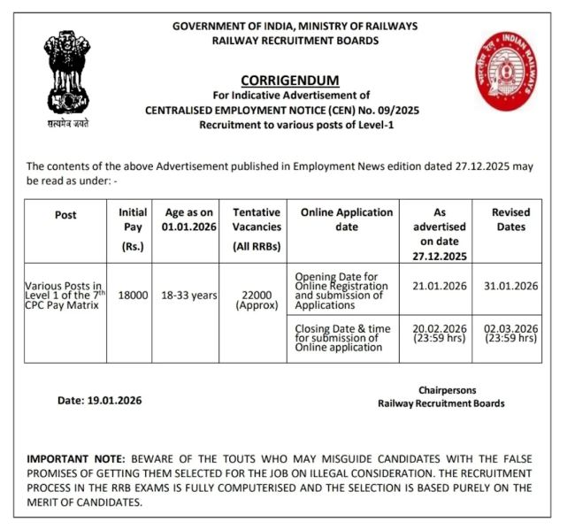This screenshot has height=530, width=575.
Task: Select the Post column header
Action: coord(65,215)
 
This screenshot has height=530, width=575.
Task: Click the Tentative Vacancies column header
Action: coord(256,228)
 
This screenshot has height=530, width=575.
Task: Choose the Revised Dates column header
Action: coord(511,219)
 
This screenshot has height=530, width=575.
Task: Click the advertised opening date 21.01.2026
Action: coord(439,285)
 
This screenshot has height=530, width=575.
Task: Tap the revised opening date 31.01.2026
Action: coord(511,285)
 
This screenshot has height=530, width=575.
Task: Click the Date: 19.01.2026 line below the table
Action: coord(99,400)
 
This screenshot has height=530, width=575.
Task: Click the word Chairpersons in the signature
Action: coord(447,390)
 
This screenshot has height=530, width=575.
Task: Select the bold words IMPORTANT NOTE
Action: coord(77,459)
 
